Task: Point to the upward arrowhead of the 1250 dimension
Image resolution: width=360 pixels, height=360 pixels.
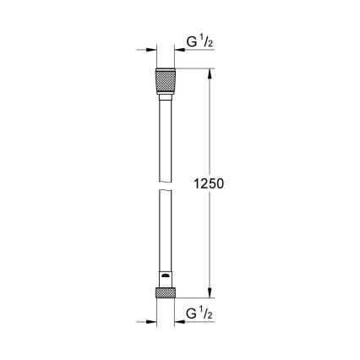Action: pos(210,75)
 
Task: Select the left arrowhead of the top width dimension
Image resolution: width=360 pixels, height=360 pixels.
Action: pos(151,50)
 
